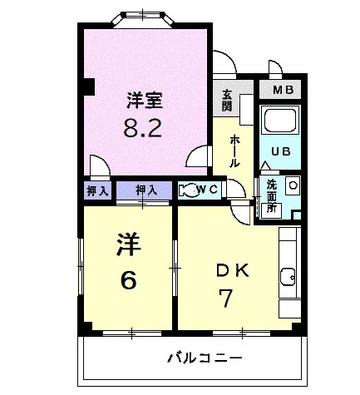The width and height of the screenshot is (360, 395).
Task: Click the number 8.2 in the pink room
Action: point(142,127)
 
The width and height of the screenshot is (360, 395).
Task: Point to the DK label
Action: point(233,271)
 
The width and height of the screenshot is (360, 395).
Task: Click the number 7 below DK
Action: point(226,298)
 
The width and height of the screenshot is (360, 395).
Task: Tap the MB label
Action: point(283,90)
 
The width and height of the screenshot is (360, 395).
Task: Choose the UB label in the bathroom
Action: point(280,151)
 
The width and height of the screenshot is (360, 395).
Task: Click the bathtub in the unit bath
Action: point(280,121)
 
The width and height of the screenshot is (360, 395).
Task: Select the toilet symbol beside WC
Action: point(188,190)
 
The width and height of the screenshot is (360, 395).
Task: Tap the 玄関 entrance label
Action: point(226,101)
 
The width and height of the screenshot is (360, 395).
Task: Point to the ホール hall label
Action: point(234,151)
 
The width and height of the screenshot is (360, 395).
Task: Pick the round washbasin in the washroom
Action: point(292,185)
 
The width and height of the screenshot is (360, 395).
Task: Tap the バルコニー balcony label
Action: point(205,358)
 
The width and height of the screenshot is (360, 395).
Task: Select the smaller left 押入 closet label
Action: point(97,190)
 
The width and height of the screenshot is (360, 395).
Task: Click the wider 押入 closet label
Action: point(146,190)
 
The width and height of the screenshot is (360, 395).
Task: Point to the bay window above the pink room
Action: point(143,19)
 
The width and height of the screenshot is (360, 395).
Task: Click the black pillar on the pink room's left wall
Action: point(89,86)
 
